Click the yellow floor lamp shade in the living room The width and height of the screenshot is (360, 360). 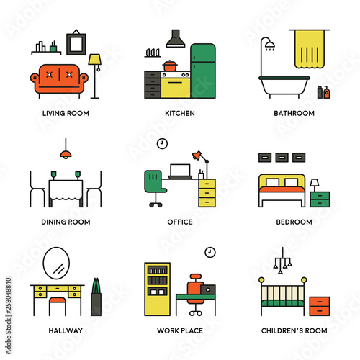(x=94, y=60)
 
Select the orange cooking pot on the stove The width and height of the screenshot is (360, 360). (x=170, y=66)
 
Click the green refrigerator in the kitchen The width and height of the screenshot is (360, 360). (x=203, y=71)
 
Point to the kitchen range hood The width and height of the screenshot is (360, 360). (x=176, y=38)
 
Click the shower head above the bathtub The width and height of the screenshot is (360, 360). (x=270, y=45)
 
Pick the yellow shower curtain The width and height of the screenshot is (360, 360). (x=310, y=49)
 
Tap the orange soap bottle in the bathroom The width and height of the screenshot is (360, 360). (x=327, y=92)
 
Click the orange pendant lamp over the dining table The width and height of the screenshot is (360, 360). (x=66, y=154)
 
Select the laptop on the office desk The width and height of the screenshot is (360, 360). (x=180, y=171)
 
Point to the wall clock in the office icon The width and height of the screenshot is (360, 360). (x=162, y=144)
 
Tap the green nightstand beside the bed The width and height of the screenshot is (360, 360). (x=320, y=199)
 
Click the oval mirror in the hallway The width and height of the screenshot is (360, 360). (x=56, y=263)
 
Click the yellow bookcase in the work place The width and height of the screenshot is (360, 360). (x=158, y=289)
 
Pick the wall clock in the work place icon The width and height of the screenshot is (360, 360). (x=210, y=253)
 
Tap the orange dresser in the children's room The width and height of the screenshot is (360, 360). (x=320, y=306)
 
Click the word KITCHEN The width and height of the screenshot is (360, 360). (x=180, y=113)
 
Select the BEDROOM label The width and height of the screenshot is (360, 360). (x=294, y=222)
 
